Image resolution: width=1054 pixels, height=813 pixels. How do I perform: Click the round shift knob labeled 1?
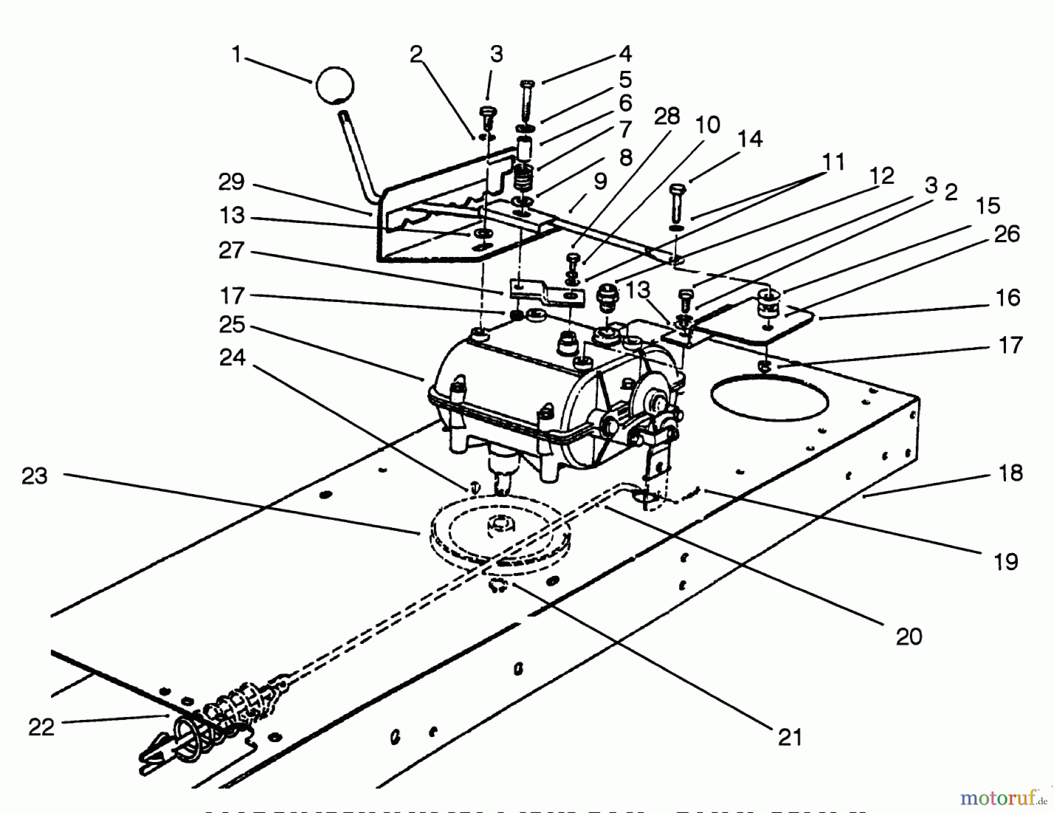[x=334, y=86]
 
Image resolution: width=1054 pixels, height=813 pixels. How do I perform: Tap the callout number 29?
[x=231, y=182]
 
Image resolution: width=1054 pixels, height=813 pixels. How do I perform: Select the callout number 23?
[x=35, y=476]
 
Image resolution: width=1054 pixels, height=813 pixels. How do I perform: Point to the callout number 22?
[x=41, y=727]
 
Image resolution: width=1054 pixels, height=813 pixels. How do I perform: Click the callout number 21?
[x=789, y=737]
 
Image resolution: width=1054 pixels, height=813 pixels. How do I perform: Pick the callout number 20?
[x=908, y=636]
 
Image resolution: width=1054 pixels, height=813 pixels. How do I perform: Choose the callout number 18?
[x=1011, y=473]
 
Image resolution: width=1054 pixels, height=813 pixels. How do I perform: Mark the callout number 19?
[x=1006, y=562]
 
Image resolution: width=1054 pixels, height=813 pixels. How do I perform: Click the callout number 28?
[x=667, y=116]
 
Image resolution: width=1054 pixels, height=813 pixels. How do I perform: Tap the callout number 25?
[x=232, y=325]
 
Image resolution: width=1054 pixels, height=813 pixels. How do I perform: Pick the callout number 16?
[x=1008, y=298]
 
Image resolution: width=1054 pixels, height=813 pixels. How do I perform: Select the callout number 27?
[x=231, y=251]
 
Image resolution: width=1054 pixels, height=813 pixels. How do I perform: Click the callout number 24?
[x=232, y=357]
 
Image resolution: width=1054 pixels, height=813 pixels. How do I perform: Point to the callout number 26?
[x=1007, y=234]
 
